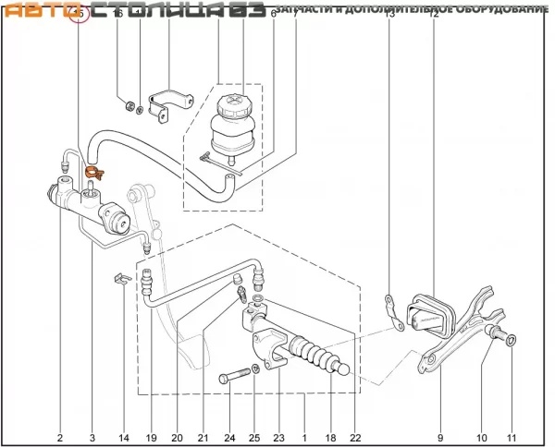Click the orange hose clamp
pos(92,171)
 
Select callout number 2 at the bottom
pos(60,437)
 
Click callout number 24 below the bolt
pos(228,437)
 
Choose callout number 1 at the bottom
pos(305,437)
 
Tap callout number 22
pos(354,437)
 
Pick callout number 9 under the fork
pos(440,437)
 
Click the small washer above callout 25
pos(253,374)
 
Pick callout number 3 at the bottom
pos(92,437)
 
